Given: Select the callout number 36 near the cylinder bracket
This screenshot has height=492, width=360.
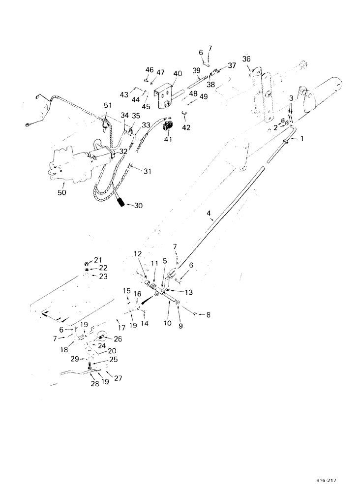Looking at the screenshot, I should coord(246,59).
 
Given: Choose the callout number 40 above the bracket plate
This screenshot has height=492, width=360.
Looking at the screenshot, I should coord(177,74).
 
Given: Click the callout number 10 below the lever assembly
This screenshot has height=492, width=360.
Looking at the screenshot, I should coord(168,324).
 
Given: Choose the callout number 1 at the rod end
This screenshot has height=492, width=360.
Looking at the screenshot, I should coord(302,139).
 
